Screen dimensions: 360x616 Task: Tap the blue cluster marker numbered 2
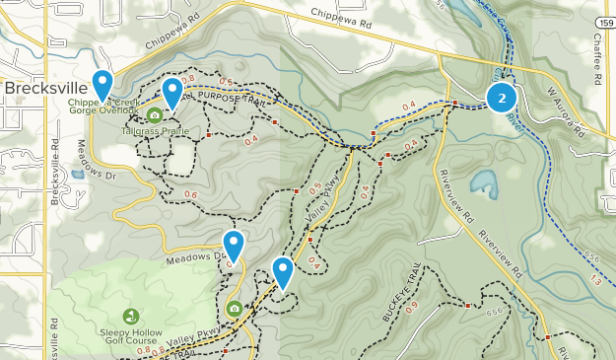coord(503,98)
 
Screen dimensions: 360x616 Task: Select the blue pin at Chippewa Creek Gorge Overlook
coord(102,84)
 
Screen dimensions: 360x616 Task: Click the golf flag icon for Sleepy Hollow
coord(131,317)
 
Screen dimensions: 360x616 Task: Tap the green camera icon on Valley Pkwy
coord(235,309)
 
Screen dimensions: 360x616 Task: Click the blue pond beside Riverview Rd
coord(484,182)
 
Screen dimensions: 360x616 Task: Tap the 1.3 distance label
coord(596,281)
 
